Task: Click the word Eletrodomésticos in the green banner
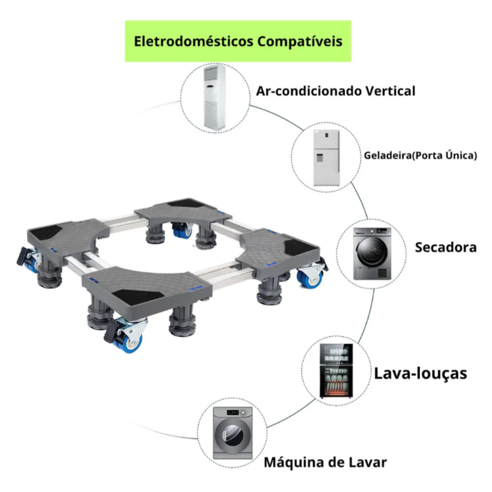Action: (193, 41)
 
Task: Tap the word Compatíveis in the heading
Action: (300, 42)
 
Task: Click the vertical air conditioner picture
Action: (215, 97)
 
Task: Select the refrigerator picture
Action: (327, 158)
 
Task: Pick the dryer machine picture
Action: (372, 254)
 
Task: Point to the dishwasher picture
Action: (336, 371)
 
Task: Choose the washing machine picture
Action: (233, 433)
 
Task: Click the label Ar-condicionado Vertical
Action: (336, 91)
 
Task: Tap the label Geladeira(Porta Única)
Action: (420, 155)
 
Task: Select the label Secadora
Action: (446, 247)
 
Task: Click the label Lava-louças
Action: (420, 373)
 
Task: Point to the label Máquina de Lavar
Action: (325, 462)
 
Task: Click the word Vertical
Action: (391, 91)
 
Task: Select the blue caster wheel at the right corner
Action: (310, 279)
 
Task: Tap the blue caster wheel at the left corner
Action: (31, 264)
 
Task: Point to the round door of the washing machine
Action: (233, 435)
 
